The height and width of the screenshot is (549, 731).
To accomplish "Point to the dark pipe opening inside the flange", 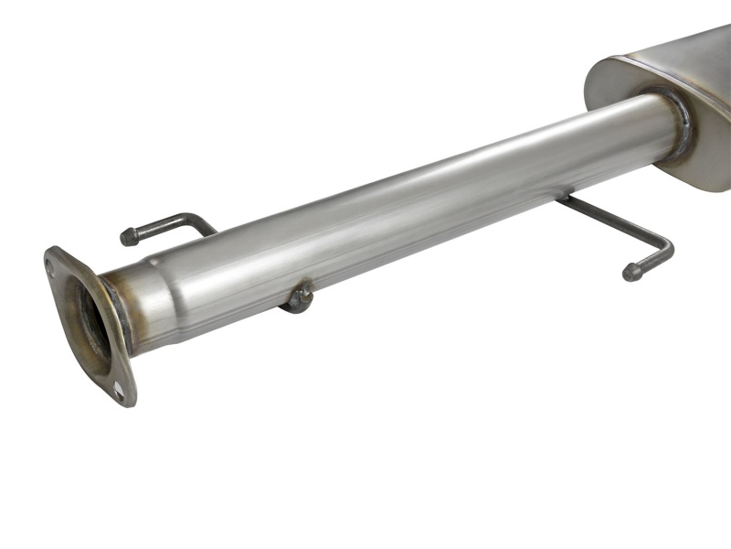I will click(91, 325).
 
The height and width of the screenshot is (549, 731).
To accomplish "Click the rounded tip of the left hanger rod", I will click(128, 237).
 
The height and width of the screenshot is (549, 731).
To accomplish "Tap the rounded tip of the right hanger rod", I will click(630, 272).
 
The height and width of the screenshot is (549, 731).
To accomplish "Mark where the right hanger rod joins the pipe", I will click(565, 197).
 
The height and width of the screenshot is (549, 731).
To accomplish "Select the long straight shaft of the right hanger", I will click(612, 220).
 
